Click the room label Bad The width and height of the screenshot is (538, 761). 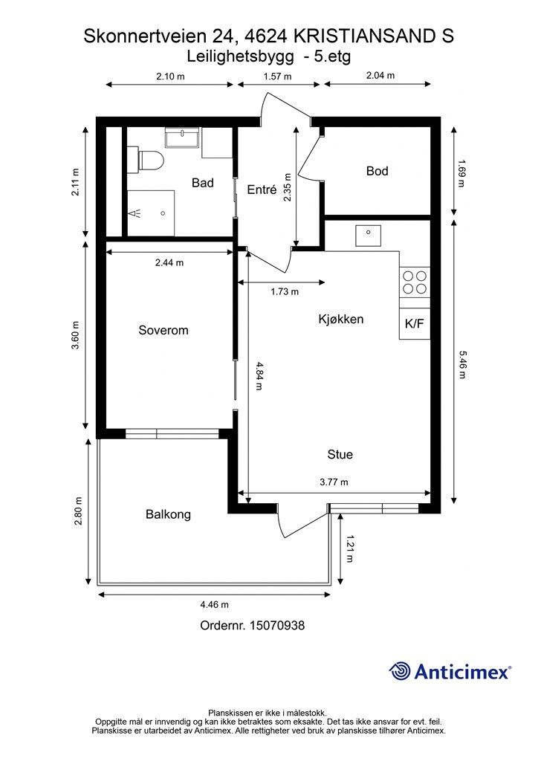click(x=202, y=183)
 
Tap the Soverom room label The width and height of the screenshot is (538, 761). click(x=163, y=330)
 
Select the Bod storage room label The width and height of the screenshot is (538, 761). click(x=377, y=171)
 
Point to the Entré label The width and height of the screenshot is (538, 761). click(x=262, y=190)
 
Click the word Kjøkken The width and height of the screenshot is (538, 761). click(x=340, y=319)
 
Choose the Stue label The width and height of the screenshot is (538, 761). click(x=340, y=454)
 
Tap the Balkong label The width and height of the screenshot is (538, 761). click(x=168, y=514)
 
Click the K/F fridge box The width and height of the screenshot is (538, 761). click(x=414, y=324)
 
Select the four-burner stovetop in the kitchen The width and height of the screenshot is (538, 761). click(x=415, y=282)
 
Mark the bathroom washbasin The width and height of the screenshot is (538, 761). click(x=182, y=138)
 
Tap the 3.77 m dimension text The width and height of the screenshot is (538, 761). click(x=334, y=482)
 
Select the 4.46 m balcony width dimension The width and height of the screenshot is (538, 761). click(x=213, y=604)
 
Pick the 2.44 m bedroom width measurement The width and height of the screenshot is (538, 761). click(x=169, y=262)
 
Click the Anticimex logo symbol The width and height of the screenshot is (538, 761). click(x=401, y=671)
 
